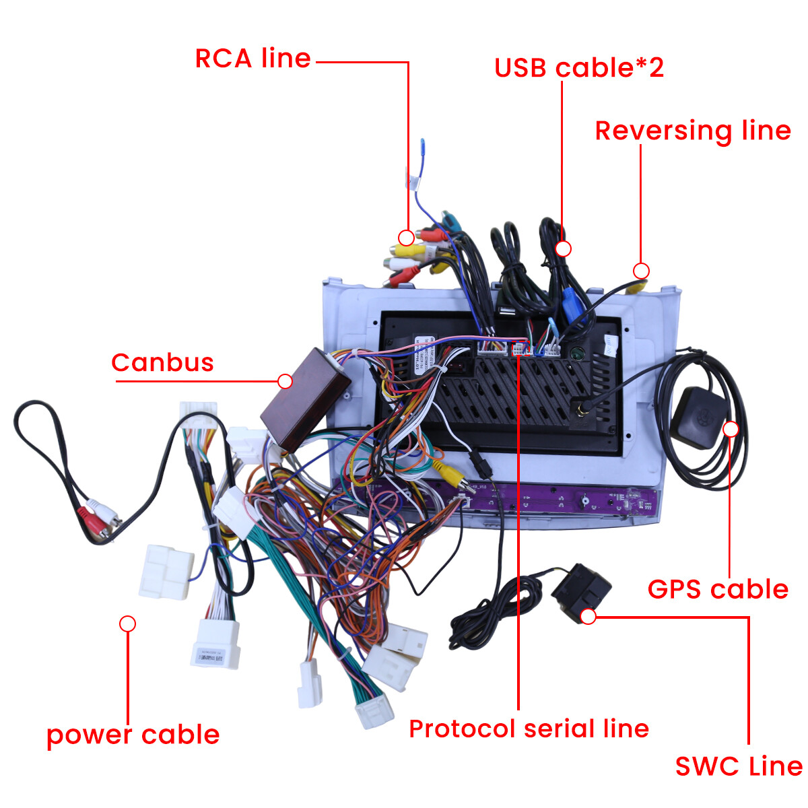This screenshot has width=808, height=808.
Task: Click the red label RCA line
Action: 252,59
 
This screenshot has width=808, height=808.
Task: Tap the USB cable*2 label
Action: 579,68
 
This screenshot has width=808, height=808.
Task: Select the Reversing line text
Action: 693,131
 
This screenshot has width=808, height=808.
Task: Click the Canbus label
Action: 162,363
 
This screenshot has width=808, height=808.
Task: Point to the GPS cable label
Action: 718,589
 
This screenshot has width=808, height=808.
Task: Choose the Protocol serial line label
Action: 529,729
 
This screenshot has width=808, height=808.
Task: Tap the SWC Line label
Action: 739,766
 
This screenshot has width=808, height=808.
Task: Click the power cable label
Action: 133,735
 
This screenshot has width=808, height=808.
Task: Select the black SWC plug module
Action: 580,590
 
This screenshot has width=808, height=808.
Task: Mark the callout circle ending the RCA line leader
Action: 406,238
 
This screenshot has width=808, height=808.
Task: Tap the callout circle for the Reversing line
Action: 641,271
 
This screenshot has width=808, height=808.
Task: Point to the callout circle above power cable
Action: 127,624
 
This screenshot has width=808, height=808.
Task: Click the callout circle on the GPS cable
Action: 730,429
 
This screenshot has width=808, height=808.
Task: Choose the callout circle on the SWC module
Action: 588,616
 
